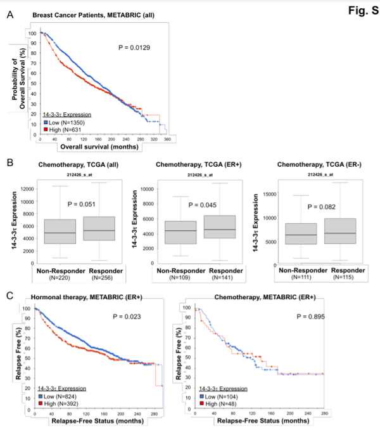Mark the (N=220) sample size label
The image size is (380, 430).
pyautogui.click(x=58, y=277)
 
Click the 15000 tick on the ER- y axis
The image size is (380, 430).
pyautogui.click(x=269, y=194)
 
